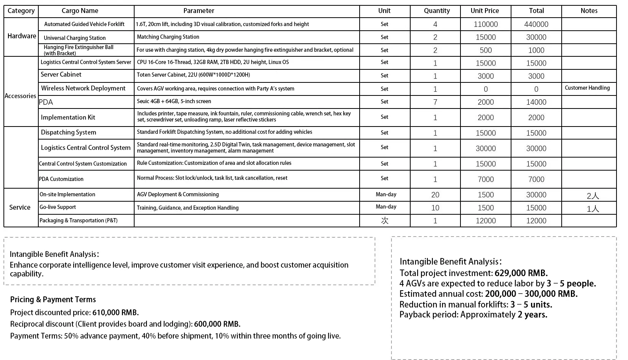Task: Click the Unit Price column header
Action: [x=485, y=11]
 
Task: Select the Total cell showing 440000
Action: [x=536, y=25]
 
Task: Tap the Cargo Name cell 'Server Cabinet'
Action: [x=61, y=74]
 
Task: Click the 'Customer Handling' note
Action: [x=587, y=88]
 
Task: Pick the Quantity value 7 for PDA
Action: [x=435, y=102]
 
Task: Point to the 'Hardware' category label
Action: [x=22, y=36]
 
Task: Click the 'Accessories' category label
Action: [x=20, y=96]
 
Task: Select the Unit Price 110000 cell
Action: [x=485, y=25]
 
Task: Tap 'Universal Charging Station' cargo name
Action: [x=75, y=38]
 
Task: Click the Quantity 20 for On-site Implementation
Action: [x=435, y=195]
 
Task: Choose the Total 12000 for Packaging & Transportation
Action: [x=536, y=221]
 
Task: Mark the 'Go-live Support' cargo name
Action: [x=58, y=207]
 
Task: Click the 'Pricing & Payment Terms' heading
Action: [x=53, y=299]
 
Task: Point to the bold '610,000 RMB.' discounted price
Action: [x=115, y=312]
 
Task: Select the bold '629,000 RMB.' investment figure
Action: [x=521, y=273]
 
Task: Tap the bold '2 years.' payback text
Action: [x=532, y=315]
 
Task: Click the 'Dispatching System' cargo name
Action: [x=68, y=132]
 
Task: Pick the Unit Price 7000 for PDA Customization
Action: [x=485, y=179]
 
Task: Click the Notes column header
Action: [x=589, y=11]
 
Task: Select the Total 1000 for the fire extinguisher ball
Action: [x=536, y=50]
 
